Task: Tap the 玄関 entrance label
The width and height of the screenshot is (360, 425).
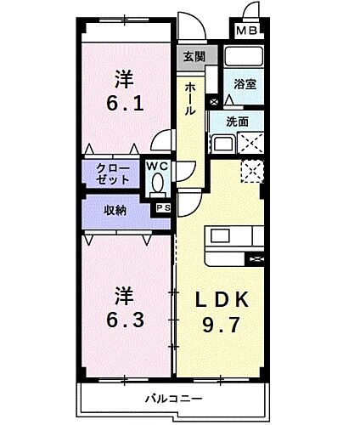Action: click(194, 58)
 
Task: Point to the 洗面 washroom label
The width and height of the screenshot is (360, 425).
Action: click(238, 122)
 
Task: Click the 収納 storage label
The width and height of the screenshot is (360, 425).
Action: click(115, 210)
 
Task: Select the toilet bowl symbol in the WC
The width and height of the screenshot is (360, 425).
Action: click(156, 182)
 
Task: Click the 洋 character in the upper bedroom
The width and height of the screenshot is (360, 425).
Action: click(125, 79)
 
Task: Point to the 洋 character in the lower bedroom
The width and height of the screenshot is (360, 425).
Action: click(124, 297)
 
